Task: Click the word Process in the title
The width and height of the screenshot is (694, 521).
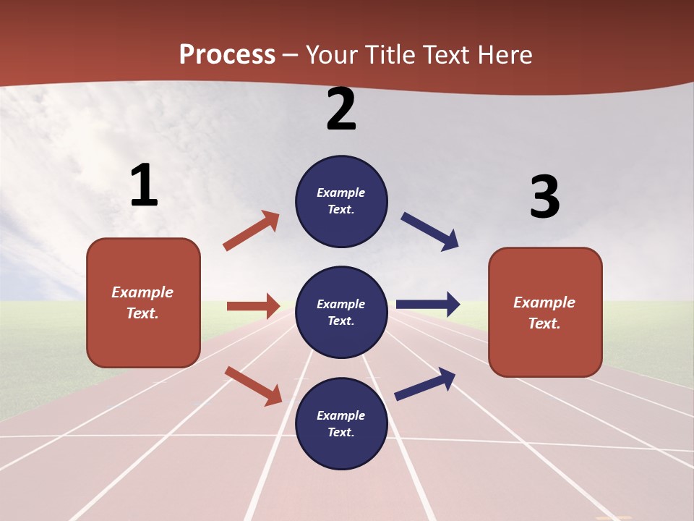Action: pos(227,55)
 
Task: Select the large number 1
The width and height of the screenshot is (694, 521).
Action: pos(144,186)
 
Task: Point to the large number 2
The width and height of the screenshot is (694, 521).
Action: pos(341,110)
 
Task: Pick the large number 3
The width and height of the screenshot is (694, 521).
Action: pos(544,198)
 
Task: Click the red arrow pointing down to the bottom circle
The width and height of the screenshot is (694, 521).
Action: pos(253,386)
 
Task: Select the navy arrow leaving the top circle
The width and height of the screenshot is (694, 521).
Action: pos(430,232)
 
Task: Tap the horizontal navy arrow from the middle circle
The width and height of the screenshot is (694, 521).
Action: pos(428,304)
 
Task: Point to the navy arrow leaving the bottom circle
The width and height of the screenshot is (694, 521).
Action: pos(425,384)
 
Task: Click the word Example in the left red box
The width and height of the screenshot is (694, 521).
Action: pos(142,292)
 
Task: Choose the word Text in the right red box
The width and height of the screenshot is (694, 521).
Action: pos(544,323)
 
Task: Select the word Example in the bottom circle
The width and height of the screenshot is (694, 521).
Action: pos(341,415)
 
